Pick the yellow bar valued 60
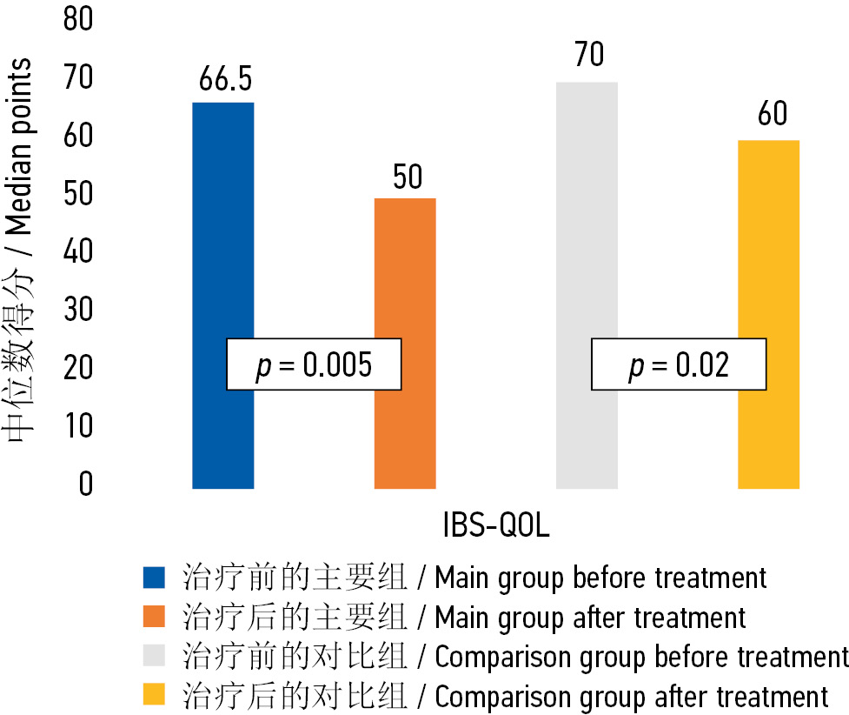point(768,244)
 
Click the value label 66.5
point(225,79)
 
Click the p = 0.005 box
point(314,364)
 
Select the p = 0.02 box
point(679,364)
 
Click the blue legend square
point(154,578)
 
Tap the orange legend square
point(154,618)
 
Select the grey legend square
point(154,657)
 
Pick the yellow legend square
point(154,696)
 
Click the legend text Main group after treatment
point(589,618)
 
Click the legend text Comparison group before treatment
point(640,657)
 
